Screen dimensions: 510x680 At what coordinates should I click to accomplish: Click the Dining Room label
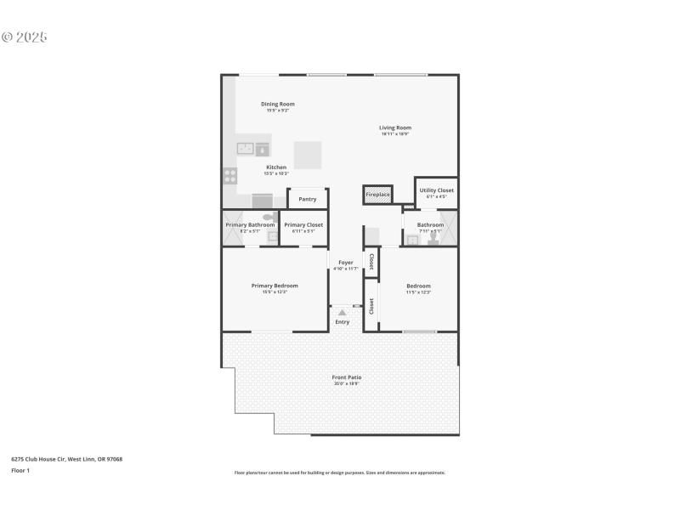coord(277,104)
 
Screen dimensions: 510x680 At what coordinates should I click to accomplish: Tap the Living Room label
coord(395,127)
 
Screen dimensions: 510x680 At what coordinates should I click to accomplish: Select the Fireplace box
coord(377,195)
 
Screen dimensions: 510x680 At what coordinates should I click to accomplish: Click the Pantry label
coord(308,199)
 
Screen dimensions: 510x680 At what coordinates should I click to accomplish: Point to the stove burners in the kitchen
coord(229,176)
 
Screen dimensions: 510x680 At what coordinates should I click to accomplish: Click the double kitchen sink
coord(246,149)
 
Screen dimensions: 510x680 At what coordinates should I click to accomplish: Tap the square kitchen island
coord(309,155)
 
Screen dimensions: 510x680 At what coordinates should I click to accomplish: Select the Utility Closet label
coord(437,190)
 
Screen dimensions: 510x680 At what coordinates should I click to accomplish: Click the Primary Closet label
coord(303,224)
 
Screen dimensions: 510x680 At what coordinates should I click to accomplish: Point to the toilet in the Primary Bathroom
coord(269,218)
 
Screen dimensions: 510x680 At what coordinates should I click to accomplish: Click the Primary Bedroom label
coord(274,286)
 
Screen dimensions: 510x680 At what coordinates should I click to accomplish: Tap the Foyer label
coord(346,263)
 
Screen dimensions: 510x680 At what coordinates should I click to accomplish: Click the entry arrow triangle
coord(343,313)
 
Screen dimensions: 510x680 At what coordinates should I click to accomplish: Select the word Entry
coord(343,322)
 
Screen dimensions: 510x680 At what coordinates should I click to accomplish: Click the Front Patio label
coord(340,377)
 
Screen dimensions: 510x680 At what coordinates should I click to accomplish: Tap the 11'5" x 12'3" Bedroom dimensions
coord(418,292)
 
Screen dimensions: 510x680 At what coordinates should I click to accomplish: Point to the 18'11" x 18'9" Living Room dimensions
coord(395,134)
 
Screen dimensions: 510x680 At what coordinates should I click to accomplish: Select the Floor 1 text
coord(20,470)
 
